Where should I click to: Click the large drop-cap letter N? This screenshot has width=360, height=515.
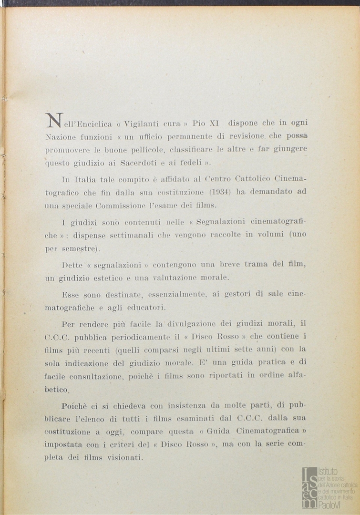(x=53, y=121)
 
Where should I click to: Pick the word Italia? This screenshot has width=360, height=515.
(x=85, y=179)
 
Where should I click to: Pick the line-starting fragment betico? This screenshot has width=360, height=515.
(x=56, y=390)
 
